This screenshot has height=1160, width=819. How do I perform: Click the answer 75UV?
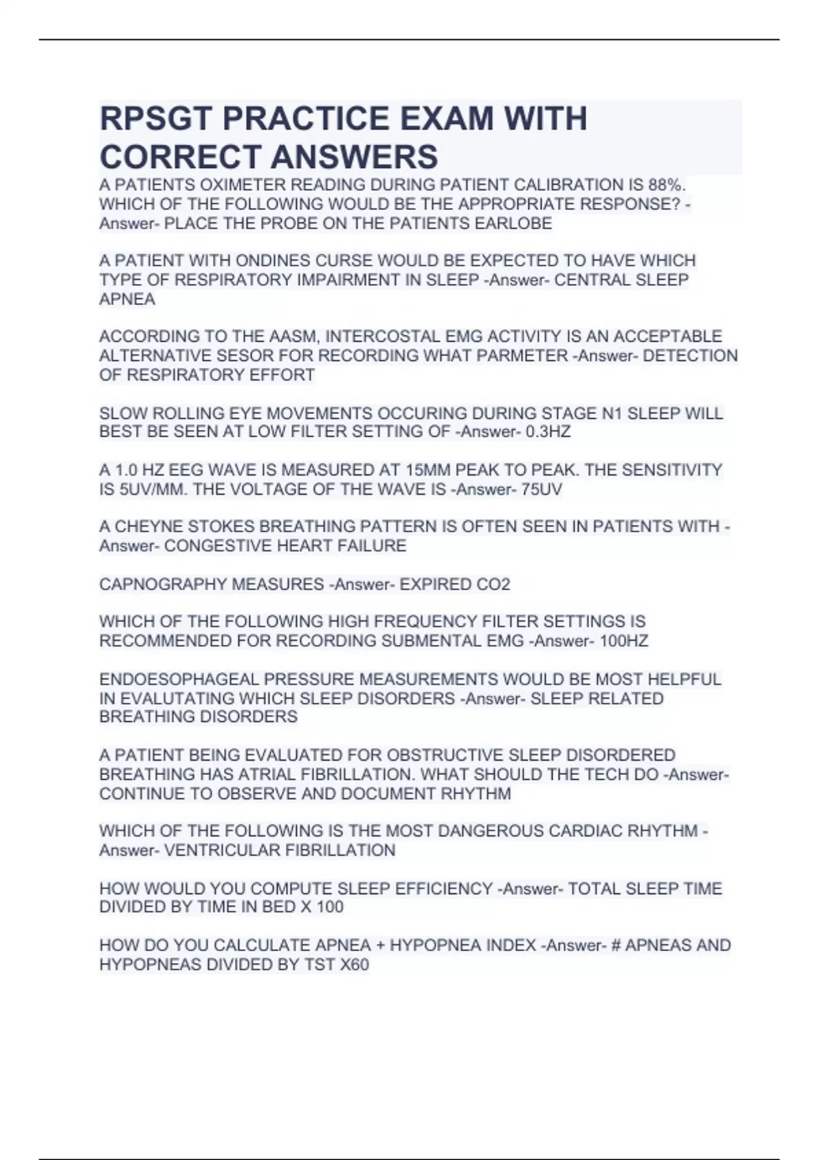[541, 489]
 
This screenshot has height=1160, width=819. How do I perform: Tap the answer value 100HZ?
[624, 641]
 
